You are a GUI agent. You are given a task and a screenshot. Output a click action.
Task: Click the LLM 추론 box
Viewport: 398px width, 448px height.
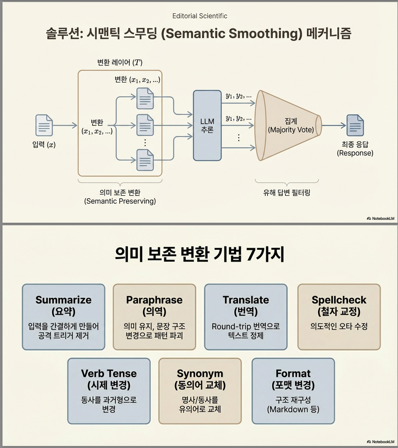click(x=207, y=126)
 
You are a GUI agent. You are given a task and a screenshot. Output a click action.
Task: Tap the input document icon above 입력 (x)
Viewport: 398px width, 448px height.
click(x=44, y=125)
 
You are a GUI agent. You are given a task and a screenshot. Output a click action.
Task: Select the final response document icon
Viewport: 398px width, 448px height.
click(x=355, y=125)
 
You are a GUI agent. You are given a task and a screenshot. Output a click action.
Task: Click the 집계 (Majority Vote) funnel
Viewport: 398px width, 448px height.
click(x=287, y=125)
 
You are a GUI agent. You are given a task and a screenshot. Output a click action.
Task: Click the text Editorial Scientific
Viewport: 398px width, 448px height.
click(x=200, y=16)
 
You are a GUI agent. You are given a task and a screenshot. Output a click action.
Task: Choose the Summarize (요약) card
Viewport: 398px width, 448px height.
click(x=63, y=316)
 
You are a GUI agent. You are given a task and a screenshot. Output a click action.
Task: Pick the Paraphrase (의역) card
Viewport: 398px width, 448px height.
click(x=154, y=316)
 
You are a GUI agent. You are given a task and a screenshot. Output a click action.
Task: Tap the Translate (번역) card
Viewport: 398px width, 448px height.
click(x=246, y=316)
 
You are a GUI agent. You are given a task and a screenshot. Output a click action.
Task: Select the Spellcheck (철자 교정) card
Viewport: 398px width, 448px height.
click(x=339, y=316)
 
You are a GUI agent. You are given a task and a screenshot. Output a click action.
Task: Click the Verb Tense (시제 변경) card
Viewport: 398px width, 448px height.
click(x=109, y=391)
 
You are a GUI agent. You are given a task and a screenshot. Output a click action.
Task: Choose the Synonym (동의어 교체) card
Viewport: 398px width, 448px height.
click(x=200, y=391)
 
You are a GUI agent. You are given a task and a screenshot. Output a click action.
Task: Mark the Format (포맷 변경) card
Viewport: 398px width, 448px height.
click(x=293, y=391)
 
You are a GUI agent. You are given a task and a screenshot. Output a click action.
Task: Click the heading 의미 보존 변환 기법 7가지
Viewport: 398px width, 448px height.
click(x=199, y=254)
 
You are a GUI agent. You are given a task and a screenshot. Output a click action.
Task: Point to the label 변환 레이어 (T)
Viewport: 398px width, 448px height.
click(x=120, y=63)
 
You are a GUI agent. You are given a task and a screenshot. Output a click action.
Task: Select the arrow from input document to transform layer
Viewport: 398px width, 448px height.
click(x=65, y=126)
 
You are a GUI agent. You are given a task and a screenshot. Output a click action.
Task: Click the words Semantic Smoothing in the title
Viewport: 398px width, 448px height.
click(x=248, y=35)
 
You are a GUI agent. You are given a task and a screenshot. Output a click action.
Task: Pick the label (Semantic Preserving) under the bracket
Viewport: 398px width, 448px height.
click(x=120, y=201)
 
